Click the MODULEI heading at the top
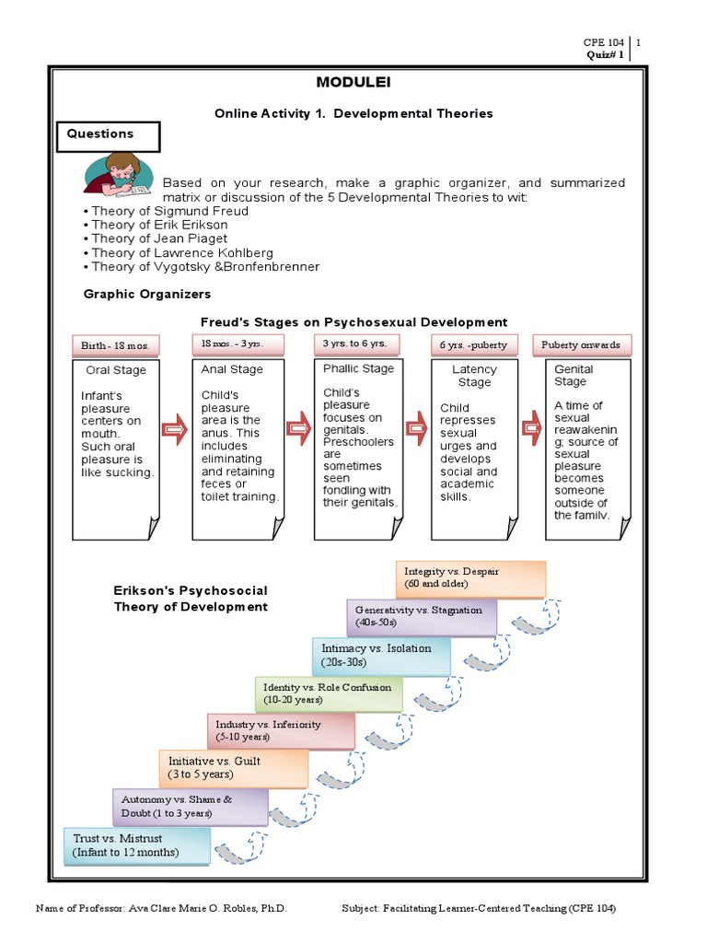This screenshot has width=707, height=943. tap(353, 83)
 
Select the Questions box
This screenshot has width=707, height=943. tap(113, 134)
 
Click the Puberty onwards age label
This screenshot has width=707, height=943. tap(581, 345)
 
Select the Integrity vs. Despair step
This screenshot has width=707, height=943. tap(470, 578)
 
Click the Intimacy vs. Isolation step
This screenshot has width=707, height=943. tap(380, 655)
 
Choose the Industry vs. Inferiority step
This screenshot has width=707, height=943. tap(284, 730)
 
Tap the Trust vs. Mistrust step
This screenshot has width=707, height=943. tap(137, 845)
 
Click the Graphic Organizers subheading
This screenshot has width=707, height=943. tap(147, 294)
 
